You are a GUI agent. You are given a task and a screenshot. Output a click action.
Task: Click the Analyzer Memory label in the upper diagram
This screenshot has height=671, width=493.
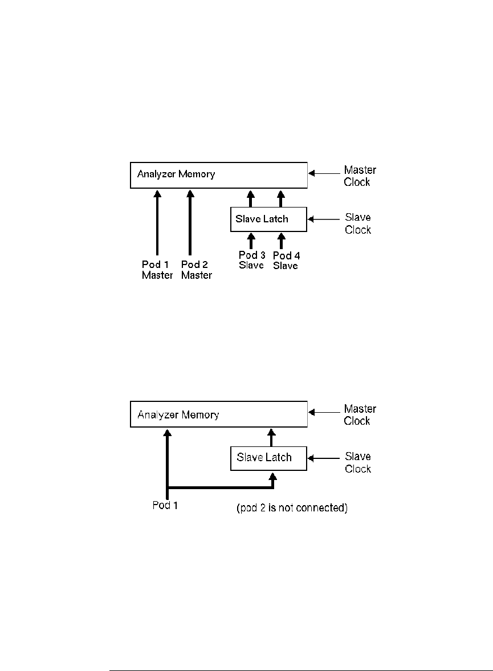[x=176, y=174]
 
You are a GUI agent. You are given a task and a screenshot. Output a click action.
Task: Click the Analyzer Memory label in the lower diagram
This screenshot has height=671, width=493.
[x=178, y=414]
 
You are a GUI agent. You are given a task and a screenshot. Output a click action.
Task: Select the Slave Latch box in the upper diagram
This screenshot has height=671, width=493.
[x=269, y=219]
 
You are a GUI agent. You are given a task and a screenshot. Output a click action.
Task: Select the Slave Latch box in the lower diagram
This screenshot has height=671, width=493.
[x=269, y=458]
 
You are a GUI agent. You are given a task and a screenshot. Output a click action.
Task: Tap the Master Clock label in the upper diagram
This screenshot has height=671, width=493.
[x=360, y=176]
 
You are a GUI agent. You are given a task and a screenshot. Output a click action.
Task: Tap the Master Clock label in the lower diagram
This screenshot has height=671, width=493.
[x=360, y=414]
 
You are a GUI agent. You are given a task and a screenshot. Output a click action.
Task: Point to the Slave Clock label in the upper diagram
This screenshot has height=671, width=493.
[x=358, y=223]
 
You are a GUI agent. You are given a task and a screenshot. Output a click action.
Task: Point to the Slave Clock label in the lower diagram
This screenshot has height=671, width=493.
[x=358, y=462]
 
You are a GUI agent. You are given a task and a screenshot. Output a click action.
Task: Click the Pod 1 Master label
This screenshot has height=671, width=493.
[x=157, y=270]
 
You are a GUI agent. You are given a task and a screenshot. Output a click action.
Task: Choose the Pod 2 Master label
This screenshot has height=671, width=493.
[x=197, y=270]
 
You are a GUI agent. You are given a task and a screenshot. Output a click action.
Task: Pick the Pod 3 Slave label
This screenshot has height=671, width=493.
[x=252, y=260]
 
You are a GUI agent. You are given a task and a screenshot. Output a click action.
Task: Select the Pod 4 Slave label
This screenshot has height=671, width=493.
[x=286, y=261]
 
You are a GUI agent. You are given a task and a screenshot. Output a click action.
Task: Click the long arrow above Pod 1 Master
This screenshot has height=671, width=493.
[x=157, y=223]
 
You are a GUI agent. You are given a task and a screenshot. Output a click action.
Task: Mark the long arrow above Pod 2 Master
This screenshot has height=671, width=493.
[x=190, y=223]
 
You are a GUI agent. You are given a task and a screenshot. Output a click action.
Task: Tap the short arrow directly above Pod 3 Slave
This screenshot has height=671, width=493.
[x=251, y=241]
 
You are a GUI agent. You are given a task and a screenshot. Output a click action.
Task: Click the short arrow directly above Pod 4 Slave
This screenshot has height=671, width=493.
[x=281, y=241]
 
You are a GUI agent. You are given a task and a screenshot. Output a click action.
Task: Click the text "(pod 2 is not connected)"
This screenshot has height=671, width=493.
[x=292, y=508]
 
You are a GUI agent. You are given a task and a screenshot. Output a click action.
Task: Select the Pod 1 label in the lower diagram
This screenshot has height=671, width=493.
[x=165, y=506]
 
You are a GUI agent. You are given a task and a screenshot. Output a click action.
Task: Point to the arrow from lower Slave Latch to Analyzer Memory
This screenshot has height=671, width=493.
[x=271, y=438]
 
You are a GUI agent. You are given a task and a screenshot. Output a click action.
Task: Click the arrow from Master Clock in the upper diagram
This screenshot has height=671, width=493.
[x=324, y=173]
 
